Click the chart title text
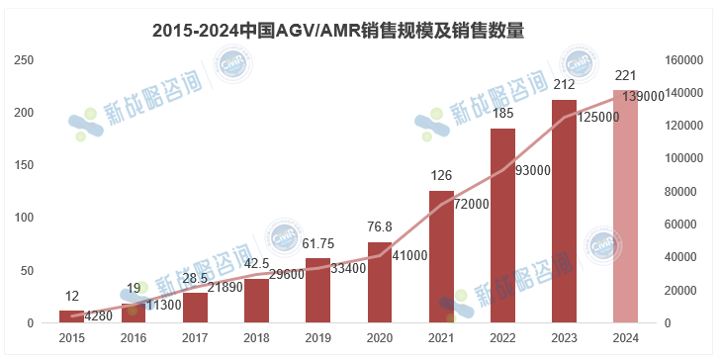coord(338,32)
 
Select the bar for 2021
coord(441,257)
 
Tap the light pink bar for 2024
coord(625,207)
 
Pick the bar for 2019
coord(318,290)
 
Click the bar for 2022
coord(502,225)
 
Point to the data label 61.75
coord(318,244)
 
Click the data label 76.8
coord(380,227)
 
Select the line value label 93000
coord(533,171)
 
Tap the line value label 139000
coord(643,97)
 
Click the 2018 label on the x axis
coord(257,338)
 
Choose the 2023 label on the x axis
coord(564,338)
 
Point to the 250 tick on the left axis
coord(24,60)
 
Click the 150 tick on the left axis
coord(24,165)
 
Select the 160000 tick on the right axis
coord(683,60)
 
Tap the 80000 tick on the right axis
coord(680,192)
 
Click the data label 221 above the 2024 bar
coord(625,76)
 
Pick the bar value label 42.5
coord(257,264)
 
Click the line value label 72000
coord(472,204)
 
